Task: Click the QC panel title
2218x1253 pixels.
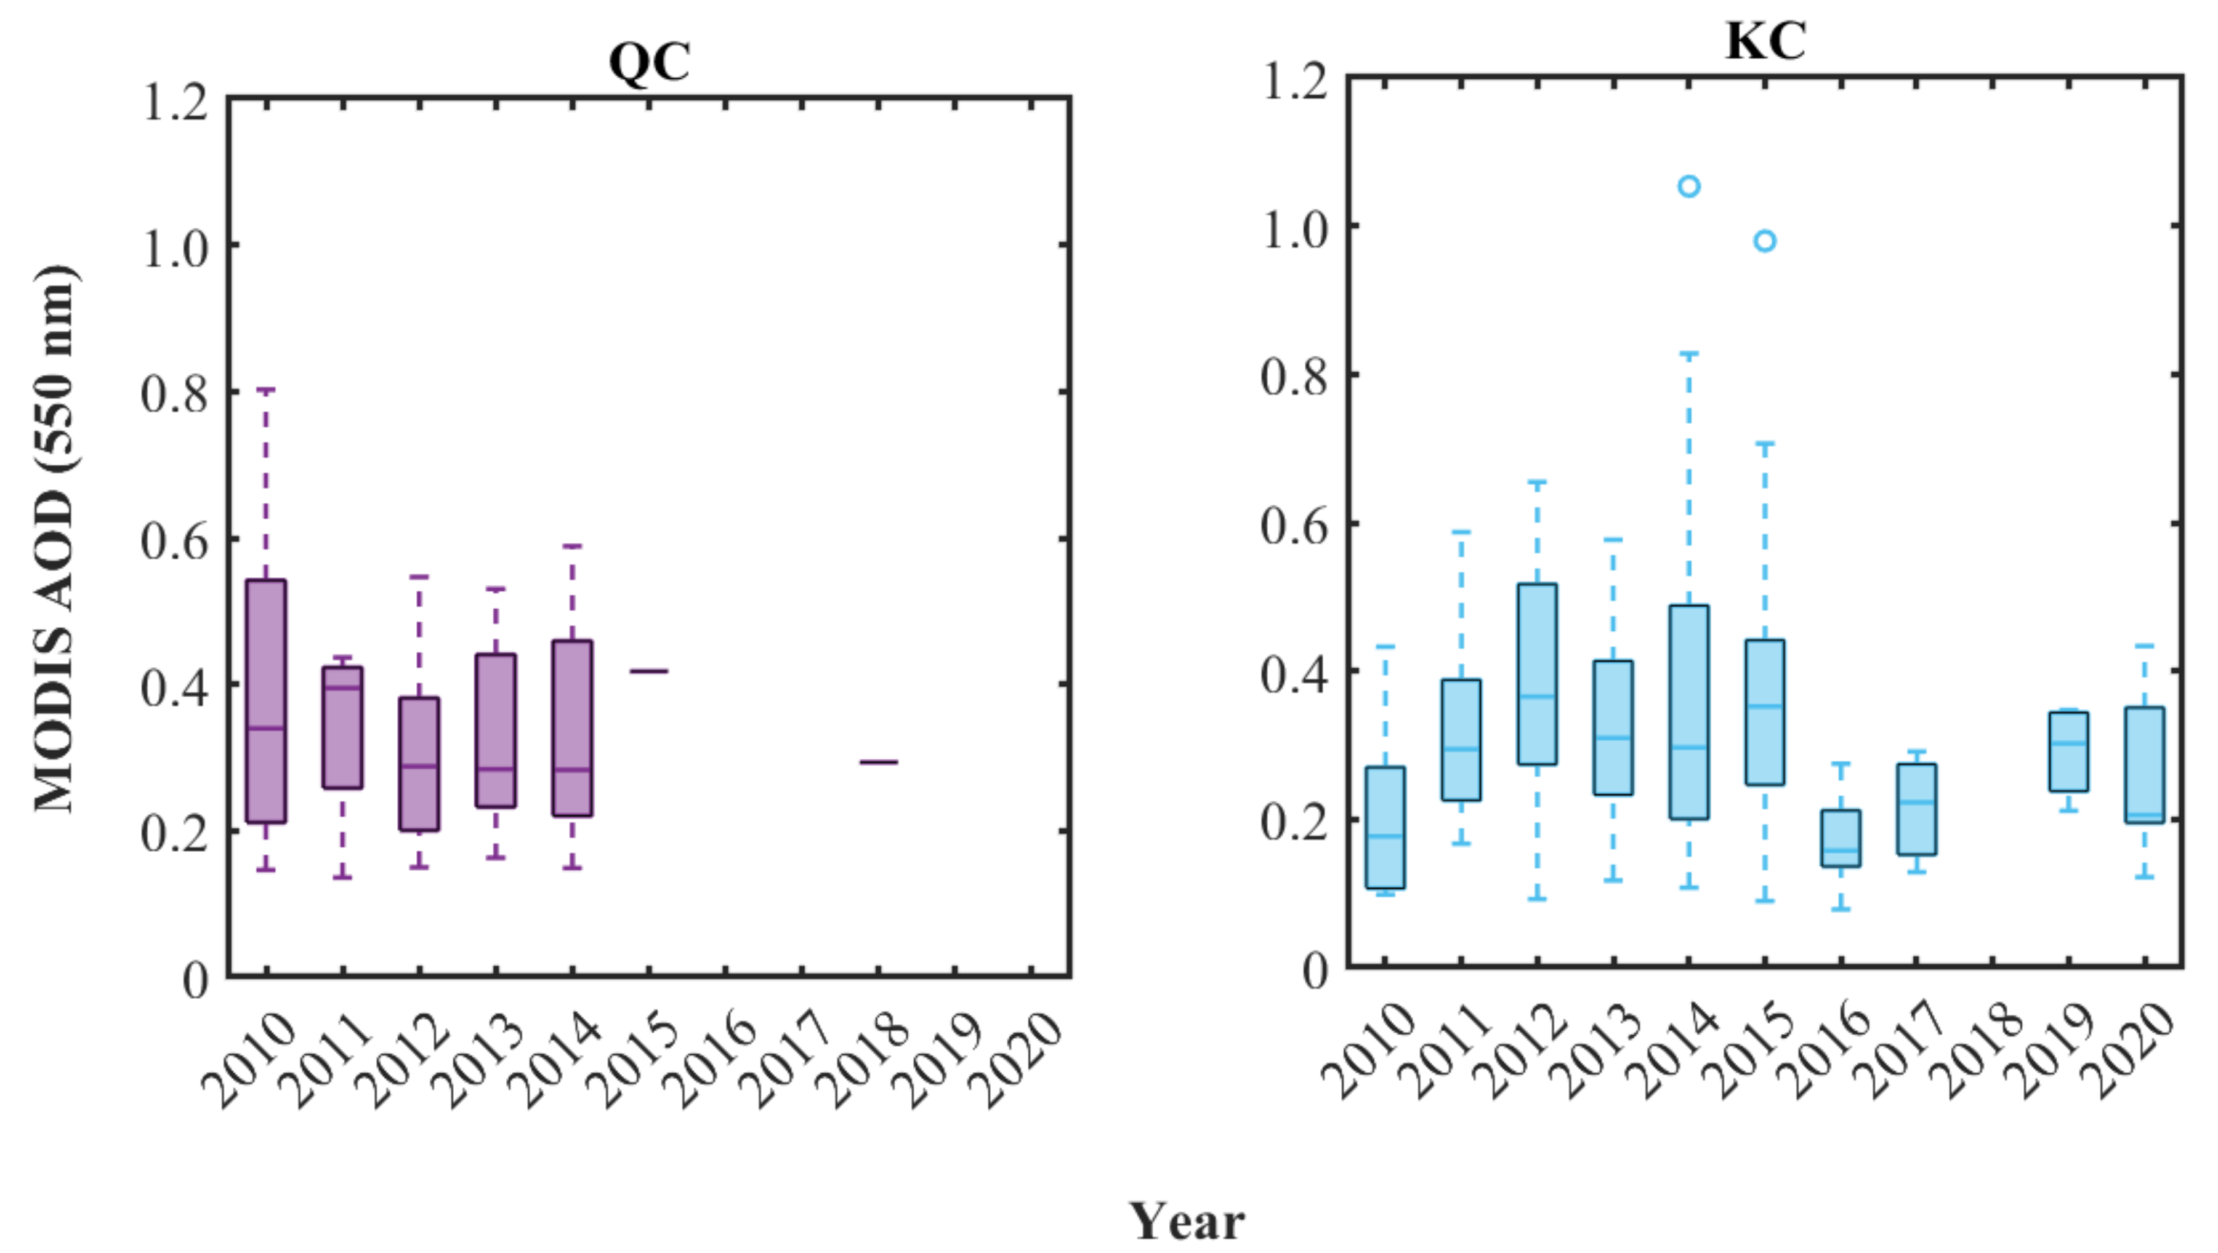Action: tap(649, 62)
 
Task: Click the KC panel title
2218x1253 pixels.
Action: tap(1765, 41)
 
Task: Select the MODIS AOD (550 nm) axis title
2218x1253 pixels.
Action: tap(55, 538)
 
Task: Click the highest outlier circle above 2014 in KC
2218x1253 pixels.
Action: tap(1689, 186)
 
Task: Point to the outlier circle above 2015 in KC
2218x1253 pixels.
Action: tap(1765, 241)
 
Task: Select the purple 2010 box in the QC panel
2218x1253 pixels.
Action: tap(266, 702)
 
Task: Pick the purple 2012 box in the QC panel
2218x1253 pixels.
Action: tap(419, 764)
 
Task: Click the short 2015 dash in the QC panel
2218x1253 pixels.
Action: tap(649, 670)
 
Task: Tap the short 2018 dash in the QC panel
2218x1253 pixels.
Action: tap(878, 762)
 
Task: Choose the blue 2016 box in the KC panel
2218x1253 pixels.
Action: tap(1841, 838)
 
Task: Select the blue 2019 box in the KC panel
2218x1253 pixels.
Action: tap(2068, 751)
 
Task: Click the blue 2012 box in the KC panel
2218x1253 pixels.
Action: tap(1538, 674)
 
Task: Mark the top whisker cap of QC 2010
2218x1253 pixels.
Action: tap(266, 390)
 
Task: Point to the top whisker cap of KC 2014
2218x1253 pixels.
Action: tap(1689, 354)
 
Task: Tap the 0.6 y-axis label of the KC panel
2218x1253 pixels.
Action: tap(1294, 525)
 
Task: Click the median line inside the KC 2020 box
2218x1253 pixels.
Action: tap(2144, 814)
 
